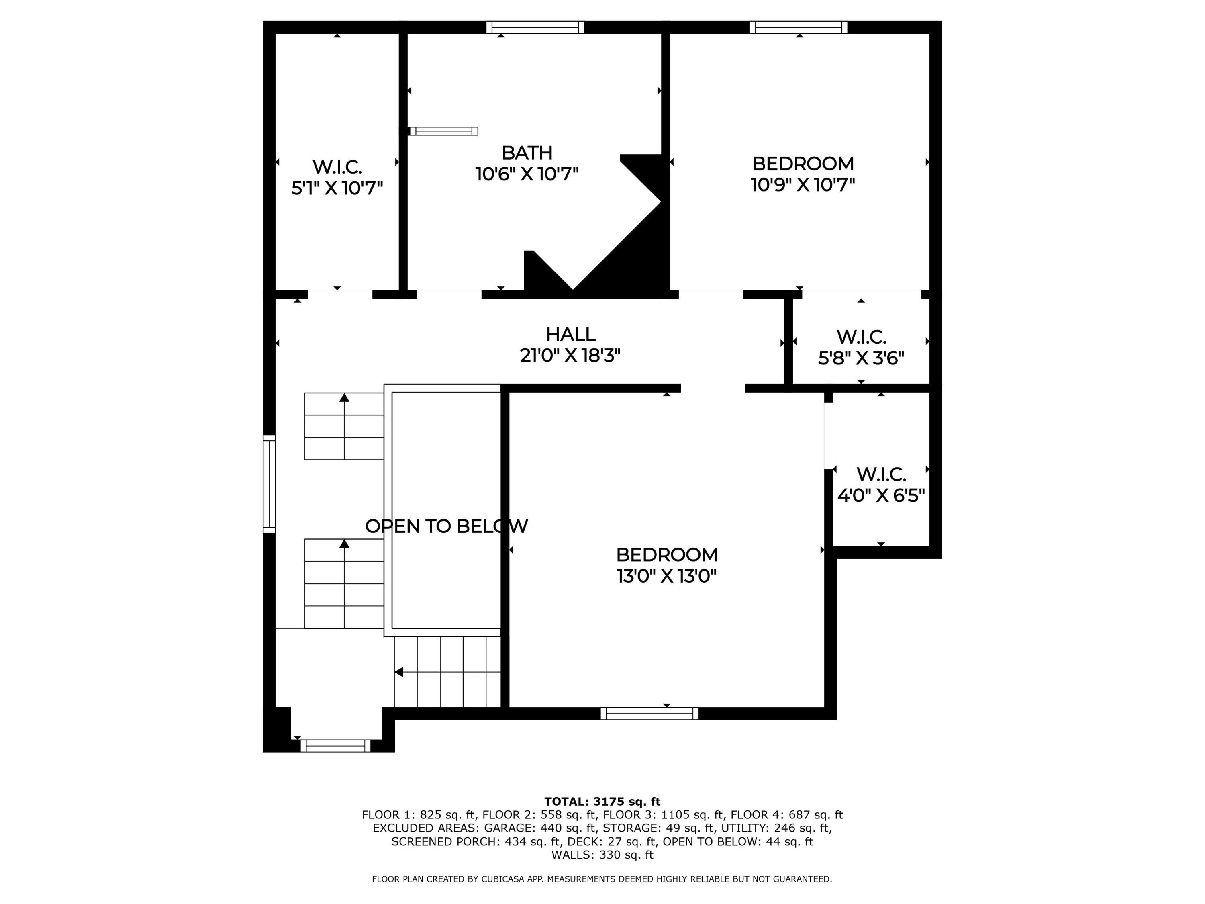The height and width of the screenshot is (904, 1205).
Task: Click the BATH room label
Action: (527, 153)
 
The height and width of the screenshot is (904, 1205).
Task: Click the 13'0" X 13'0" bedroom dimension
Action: (666, 576)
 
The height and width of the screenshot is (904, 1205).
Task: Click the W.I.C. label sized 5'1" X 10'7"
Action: (337, 167)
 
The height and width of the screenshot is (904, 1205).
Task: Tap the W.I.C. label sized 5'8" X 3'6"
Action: (861, 337)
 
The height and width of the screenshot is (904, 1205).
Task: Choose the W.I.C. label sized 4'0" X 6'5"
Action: (881, 474)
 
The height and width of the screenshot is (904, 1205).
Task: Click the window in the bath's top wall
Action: (535, 27)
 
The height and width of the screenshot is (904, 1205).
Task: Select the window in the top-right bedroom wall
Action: (798, 27)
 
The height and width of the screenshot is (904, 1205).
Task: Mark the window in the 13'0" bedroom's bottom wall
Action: (649, 713)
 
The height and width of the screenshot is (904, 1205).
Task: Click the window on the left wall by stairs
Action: (269, 483)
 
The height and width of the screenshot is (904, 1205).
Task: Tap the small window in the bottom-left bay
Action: (335, 746)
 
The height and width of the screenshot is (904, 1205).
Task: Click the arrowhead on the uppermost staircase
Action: (344, 397)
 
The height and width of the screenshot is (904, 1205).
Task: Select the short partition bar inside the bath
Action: (443, 131)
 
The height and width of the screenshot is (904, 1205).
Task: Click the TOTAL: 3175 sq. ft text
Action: (602, 801)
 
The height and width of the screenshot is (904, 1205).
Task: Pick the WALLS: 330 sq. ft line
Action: (602, 855)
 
